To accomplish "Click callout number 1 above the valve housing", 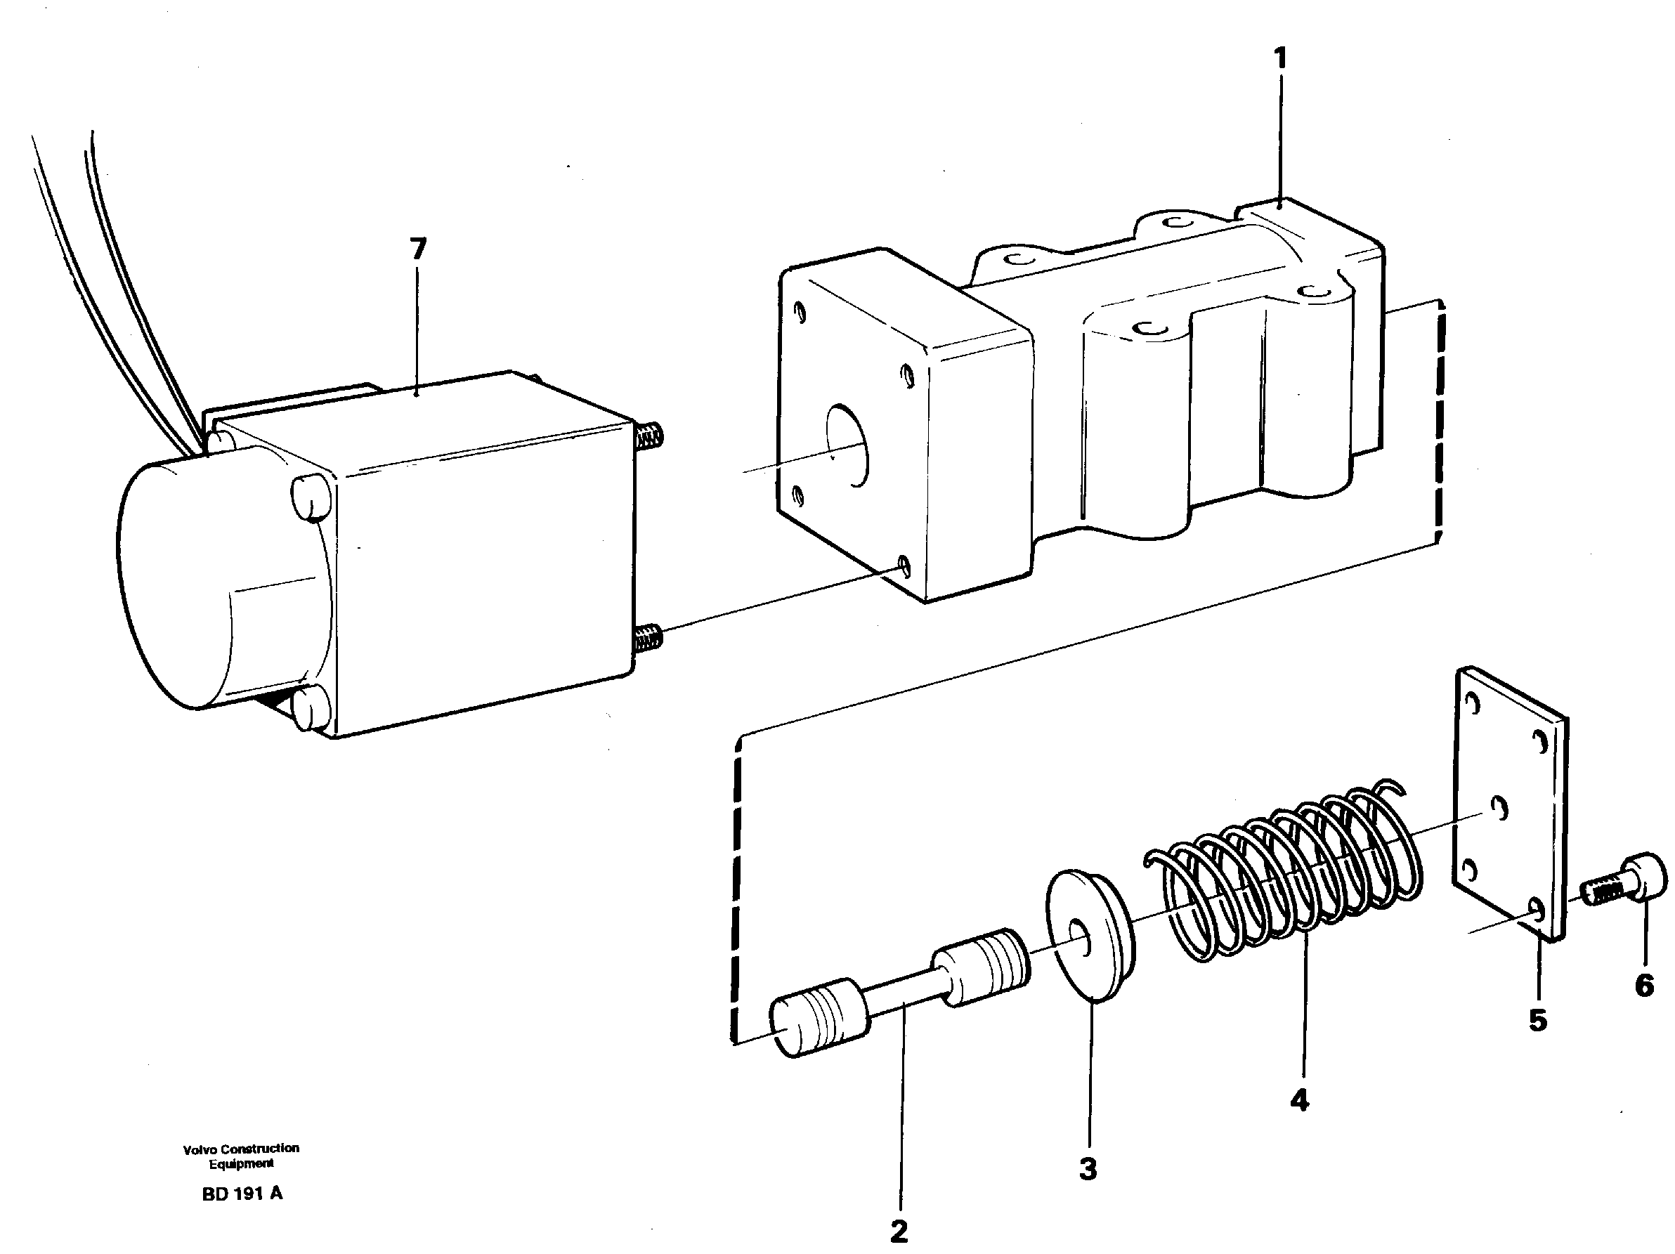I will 1279,58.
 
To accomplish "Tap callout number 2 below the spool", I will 899,1232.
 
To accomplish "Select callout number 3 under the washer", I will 1088,1168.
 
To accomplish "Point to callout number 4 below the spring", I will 1299,1100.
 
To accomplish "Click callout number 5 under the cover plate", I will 1537,1020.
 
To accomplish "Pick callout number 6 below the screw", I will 1644,985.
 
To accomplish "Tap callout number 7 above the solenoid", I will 418,249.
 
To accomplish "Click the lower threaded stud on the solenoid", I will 649,638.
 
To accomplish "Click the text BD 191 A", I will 242,1194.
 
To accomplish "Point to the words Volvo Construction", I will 241,1148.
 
